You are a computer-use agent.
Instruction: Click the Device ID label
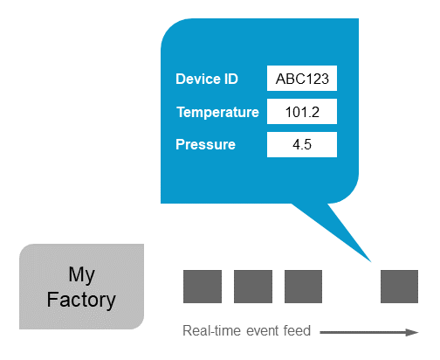coord(207,79)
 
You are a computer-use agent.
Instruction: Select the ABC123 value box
coord(302,79)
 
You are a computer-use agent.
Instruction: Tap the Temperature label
coord(217,112)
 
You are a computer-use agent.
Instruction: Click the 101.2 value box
coord(302,112)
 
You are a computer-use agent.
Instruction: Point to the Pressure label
coord(205,144)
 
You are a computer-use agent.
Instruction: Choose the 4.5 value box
coord(302,144)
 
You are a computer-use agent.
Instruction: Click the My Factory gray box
coord(81,287)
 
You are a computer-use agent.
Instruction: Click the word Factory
coord(81,300)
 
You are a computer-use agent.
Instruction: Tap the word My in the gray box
coord(81,274)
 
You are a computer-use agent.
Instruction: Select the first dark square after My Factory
coord(202,287)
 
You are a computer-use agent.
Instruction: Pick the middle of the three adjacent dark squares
coord(253,287)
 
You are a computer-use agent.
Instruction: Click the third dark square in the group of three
coord(303,287)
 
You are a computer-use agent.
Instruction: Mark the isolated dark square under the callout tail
coord(399,287)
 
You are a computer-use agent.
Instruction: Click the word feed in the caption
coord(298,331)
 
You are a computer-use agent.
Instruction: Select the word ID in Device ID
coord(229,79)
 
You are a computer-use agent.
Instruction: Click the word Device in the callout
coord(196,79)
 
